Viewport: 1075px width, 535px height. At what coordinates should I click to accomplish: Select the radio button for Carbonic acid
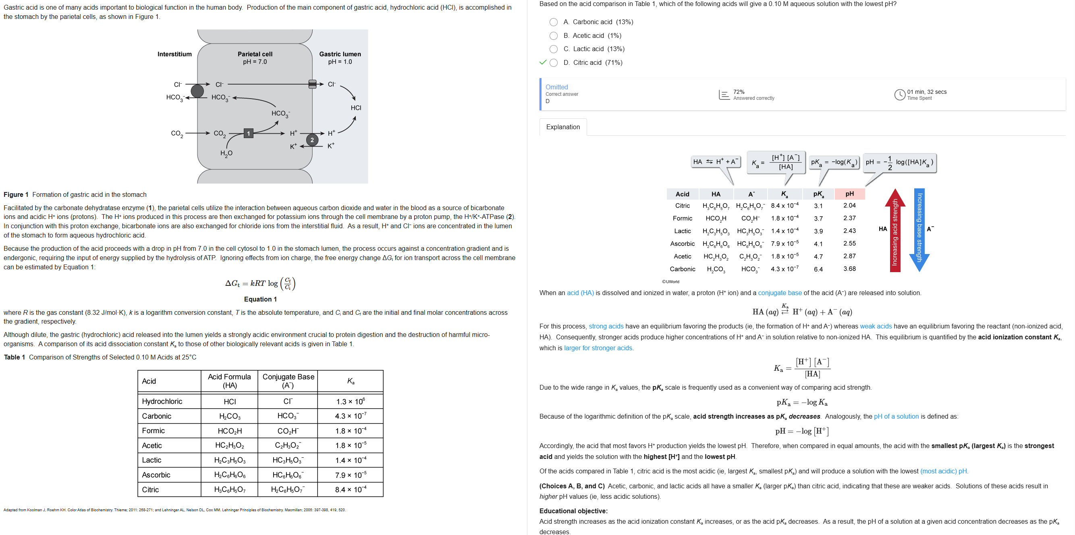click(553, 22)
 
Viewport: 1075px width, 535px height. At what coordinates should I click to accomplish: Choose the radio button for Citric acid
click(553, 62)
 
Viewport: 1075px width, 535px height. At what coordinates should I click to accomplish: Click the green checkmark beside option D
click(542, 62)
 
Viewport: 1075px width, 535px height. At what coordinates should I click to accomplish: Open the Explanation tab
click(562, 127)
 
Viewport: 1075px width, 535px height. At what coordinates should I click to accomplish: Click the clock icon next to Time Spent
click(899, 95)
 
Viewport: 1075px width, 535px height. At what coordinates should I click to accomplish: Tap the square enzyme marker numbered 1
click(248, 133)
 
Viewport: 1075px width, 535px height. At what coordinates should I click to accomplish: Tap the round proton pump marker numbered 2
click(312, 140)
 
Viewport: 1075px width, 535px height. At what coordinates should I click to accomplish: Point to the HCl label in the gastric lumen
click(355, 107)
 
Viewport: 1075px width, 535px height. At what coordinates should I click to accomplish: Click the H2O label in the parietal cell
click(226, 153)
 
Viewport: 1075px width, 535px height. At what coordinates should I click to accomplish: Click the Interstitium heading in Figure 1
click(174, 54)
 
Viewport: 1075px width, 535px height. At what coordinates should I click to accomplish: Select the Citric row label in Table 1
click(150, 490)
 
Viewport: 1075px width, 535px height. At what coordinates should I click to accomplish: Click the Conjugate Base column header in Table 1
click(288, 381)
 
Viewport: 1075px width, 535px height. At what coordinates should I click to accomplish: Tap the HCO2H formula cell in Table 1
click(230, 431)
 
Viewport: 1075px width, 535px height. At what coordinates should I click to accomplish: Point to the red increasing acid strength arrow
click(895, 231)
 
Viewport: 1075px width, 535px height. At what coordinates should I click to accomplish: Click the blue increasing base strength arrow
click(919, 231)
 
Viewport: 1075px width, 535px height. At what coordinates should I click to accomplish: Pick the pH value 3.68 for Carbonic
click(849, 269)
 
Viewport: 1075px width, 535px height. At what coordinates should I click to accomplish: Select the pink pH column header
click(849, 194)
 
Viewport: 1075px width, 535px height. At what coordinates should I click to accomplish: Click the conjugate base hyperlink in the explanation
click(780, 293)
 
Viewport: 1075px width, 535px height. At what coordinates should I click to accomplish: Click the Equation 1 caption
click(260, 300)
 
